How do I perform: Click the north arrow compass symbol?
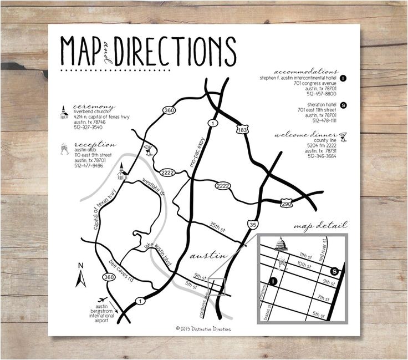[x=80, y=275]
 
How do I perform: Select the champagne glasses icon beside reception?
[x=64, y=149]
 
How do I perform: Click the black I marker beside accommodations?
[x=343, y=78]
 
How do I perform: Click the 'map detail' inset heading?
[x=321, y=226]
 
